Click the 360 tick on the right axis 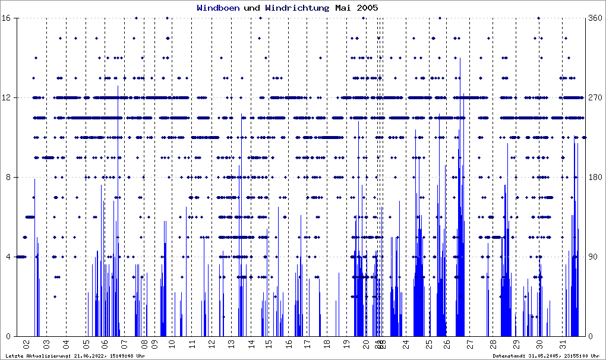click(x=595, y=18)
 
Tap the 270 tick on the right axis click(x=595, y=97)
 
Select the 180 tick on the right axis click(x=595, y=177)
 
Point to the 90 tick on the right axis click(x=593, y=257)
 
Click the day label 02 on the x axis click(x=26, y=344)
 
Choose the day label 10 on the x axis click(x=172, y=344)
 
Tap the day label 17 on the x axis click(x=307, y=344)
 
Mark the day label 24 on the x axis click(x=405, y=344)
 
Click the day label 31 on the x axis click(x=563, y=344)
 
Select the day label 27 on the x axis click(x=469, y=344)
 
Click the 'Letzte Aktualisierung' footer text click(x=75, y=356)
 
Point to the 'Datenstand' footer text click(x=546, y=356)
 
